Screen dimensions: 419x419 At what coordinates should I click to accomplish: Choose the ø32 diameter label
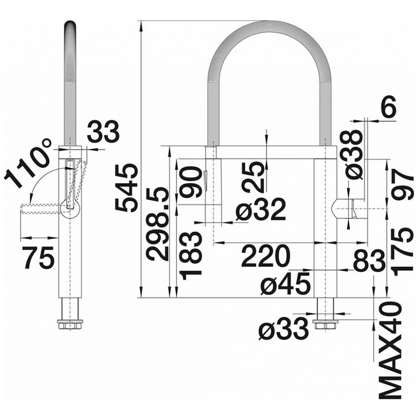pos(260,209)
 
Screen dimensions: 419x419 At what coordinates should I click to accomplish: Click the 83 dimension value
pos(369,259)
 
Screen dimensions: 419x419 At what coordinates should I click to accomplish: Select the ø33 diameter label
pos(284,328)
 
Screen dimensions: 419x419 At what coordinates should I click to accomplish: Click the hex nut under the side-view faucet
pos(70,324)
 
